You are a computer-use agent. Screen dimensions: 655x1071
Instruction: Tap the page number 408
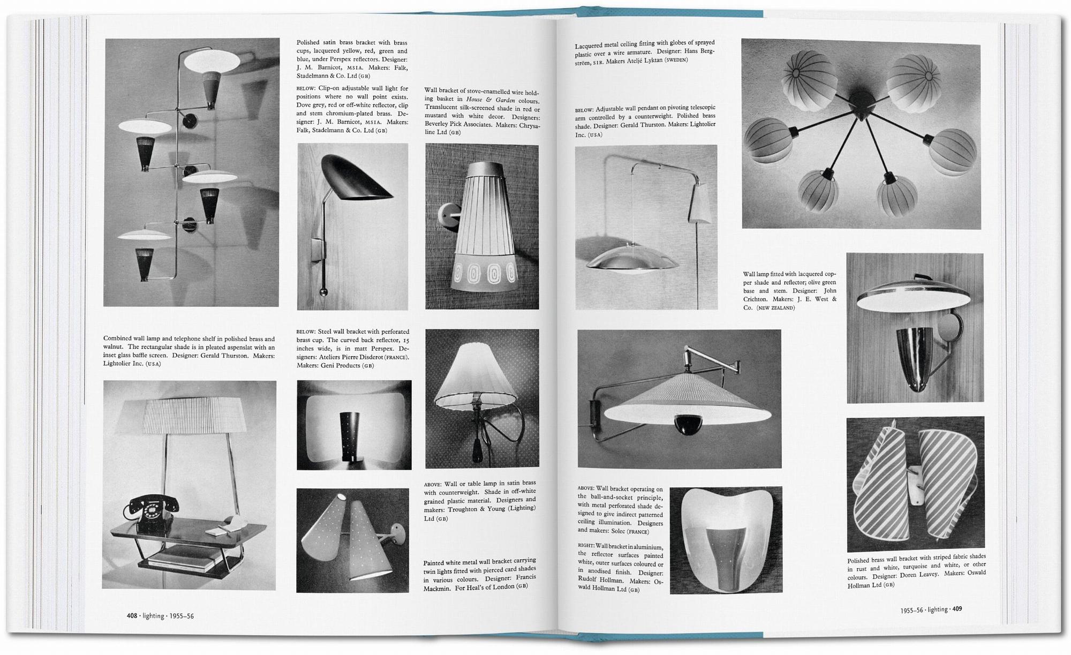132,616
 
